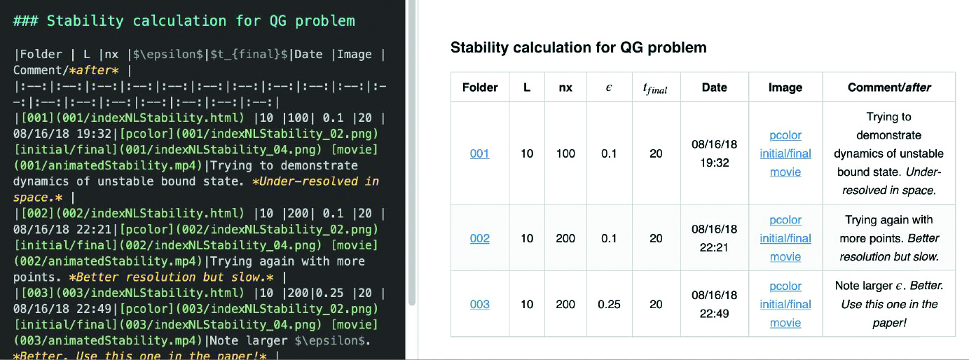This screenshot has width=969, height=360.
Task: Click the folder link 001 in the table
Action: (479, 153)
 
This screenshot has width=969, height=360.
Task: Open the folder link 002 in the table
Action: (479, 238)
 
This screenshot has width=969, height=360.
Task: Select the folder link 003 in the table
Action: (479, 304)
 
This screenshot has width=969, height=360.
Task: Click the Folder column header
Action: (480, 88)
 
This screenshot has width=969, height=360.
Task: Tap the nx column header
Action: (565, 88)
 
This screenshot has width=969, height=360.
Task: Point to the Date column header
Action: (714, 88)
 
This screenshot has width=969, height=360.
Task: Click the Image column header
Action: (785, 88)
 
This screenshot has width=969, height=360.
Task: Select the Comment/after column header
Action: (888, 88)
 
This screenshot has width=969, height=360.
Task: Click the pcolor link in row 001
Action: (785, 135)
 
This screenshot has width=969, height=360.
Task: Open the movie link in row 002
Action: (785, 256)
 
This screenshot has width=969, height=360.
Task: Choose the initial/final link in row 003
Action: (785, 304)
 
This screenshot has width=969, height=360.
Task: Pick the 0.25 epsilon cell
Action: (609, 304)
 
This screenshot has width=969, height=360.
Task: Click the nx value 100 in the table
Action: (565, 153)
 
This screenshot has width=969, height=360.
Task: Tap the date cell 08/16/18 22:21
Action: (714, 238)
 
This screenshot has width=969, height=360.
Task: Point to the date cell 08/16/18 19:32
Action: (714, 153)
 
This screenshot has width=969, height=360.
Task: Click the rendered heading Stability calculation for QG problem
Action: (578, 48)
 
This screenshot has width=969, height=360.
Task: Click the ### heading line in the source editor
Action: (184, 21)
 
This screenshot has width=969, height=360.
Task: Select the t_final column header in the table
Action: (655, 88)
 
